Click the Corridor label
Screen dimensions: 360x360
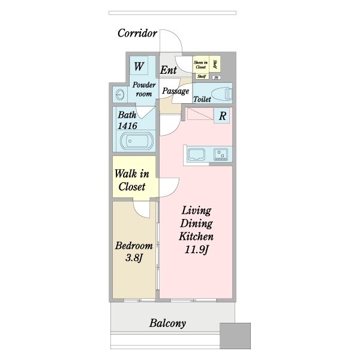point(137,32)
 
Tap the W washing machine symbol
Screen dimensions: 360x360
point(138,65)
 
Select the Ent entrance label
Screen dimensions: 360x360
point(168,70)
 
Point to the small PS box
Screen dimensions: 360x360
point(217,77)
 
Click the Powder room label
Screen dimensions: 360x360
point(144,89)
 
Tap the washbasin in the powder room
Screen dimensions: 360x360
point(119,94)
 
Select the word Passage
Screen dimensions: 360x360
point(176,91)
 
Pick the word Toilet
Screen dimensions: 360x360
point(202,99)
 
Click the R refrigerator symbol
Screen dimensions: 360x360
point(222,116)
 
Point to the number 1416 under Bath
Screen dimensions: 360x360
point(128,126)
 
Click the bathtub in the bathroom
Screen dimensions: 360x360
point(137,143)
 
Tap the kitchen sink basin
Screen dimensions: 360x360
point(197,155)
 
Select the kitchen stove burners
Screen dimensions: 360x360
point(222,155)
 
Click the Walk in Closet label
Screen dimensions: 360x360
point(131,181)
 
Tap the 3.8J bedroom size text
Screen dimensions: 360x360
point(133,259)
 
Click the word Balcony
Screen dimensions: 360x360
point(167,323)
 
